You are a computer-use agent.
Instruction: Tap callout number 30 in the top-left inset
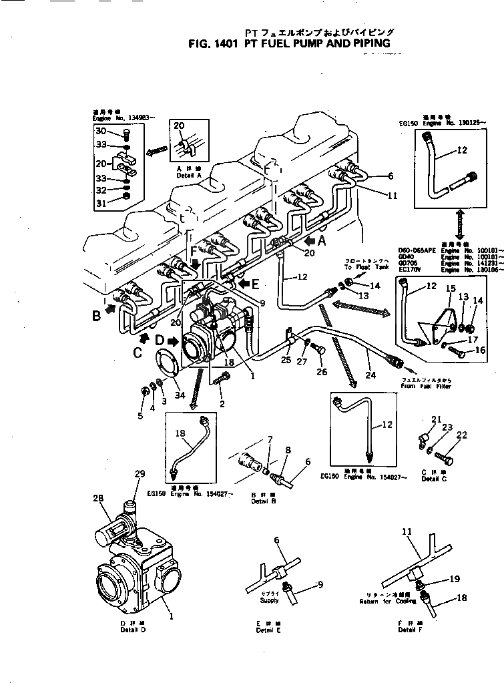tap(100, 131)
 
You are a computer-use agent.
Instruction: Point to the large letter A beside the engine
tap(322, 240)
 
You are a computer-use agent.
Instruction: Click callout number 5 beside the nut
tap(140, 417)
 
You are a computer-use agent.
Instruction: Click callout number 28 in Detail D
tap(99, 498)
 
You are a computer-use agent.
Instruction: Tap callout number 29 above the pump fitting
tap(140, 473)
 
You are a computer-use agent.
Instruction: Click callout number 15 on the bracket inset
tap(450, 288)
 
